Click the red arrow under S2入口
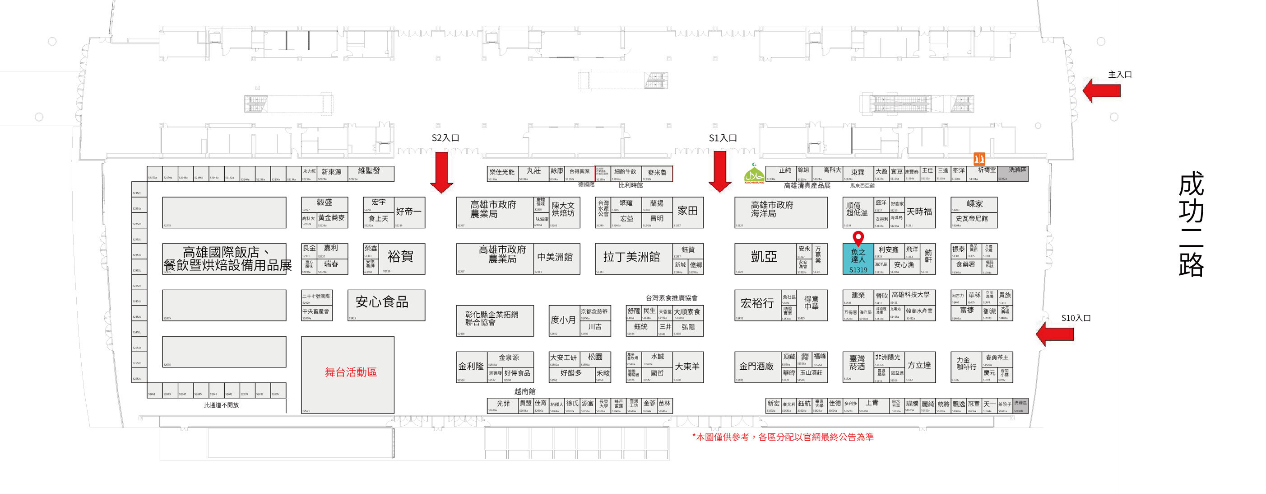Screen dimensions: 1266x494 (441, 172)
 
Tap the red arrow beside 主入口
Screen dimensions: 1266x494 (1102, 90)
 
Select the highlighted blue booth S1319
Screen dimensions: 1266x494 (858, 259)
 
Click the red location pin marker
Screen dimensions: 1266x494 (858, 238)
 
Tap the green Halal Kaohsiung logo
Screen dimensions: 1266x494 (754, 174)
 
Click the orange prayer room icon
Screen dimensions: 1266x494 (978, 159)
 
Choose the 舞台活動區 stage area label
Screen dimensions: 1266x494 (350, 372)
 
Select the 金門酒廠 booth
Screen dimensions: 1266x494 (756, 367)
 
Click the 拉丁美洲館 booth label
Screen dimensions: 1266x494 (631, 257)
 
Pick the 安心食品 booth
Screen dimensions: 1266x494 (382, 302)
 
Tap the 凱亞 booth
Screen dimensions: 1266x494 (764, 257)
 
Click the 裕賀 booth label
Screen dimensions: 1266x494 (400, 256)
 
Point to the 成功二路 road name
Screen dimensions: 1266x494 (1191, 224)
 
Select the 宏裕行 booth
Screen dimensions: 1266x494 (757, 304)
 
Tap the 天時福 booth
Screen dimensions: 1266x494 (919, 212)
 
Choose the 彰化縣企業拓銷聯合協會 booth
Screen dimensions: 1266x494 (492, 318)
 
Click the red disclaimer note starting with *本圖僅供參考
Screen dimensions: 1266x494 (783, 437)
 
